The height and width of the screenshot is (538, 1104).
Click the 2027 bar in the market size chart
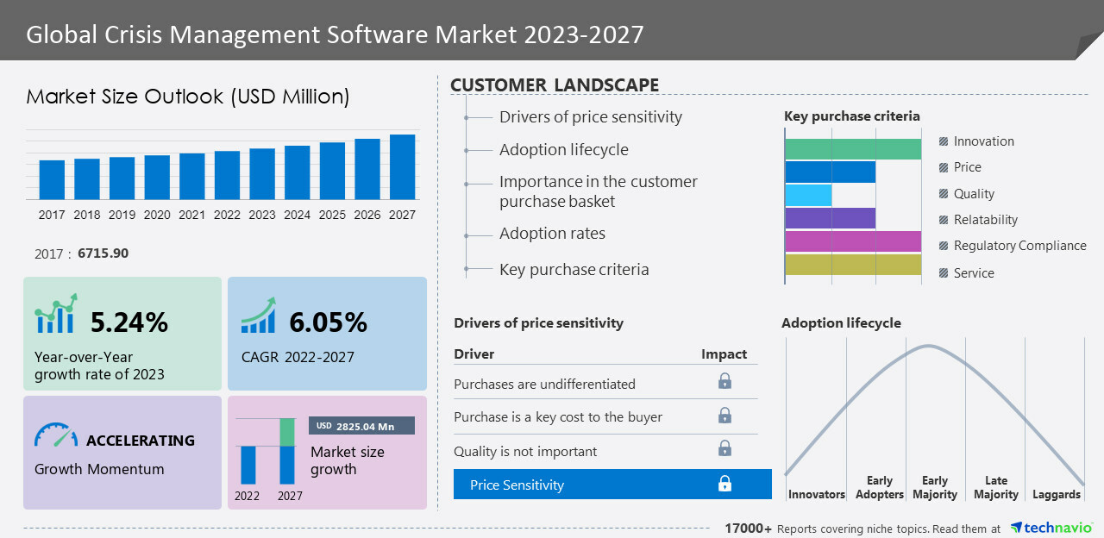[x=402, y=167]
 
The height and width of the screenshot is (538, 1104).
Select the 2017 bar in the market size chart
[x=52, y=179]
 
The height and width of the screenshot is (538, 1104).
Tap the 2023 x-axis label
[x=262, y=215]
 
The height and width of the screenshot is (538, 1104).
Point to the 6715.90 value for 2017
[x=103, y=253]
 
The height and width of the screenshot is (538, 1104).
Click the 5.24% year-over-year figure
[x=129, y=322]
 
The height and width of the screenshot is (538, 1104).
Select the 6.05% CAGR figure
[x=328, y=322]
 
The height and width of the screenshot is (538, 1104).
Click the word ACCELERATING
[x=141, y=441]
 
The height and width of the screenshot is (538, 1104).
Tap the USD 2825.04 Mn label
[x=361, y=426]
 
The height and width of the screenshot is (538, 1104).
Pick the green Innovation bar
[x=853, y=148]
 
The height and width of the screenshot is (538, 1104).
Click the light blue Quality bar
[x=808, y=195]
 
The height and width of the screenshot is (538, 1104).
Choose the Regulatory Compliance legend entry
[x=1019, y=246]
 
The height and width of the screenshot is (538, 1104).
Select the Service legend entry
[x=974, y=273]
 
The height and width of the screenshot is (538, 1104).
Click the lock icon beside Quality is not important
[x=724, y=448]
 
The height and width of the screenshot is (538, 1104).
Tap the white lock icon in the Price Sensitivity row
[x=724, y=484]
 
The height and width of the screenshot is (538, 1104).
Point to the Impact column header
[x=724, y=354]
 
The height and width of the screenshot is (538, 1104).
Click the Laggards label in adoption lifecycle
[x=1057, y=495]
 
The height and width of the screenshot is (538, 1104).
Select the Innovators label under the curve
[x=817, y=495]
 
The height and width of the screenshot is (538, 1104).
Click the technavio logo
[x=1050, y=528]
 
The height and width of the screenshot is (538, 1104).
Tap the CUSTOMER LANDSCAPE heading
[x=555, y=85]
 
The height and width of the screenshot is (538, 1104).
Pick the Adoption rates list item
[x=552, y=234]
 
